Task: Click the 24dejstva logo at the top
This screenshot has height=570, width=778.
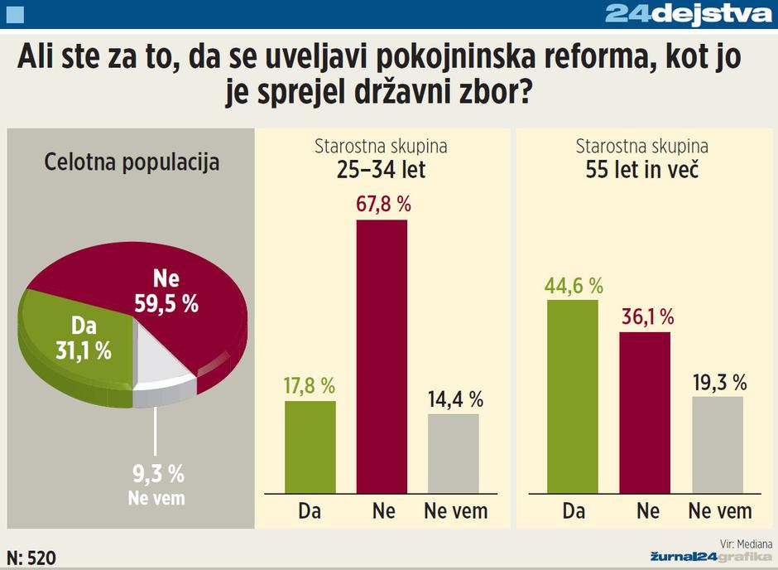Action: pos(689,13)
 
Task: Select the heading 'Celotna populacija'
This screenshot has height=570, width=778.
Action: pos(132,162)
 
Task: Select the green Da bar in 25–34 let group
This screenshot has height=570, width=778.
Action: pos(310,447)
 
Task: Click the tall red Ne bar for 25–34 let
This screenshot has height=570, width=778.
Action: pos(382,356)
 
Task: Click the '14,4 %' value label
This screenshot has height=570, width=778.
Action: pos(454,399)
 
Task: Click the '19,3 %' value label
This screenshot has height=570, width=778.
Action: pos(718,382)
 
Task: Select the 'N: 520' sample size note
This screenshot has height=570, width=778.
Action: pos(31,558)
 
